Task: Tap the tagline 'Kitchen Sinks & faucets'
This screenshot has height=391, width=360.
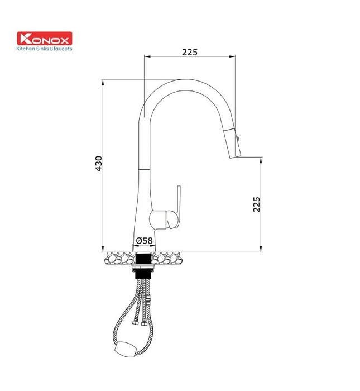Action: [45, 49]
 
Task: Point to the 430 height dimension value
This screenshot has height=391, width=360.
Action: [99, 163]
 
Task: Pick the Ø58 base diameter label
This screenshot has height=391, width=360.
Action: [144, 241]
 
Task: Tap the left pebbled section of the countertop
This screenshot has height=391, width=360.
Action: [119, 258]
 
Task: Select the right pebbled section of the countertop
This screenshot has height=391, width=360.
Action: [170, 258]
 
